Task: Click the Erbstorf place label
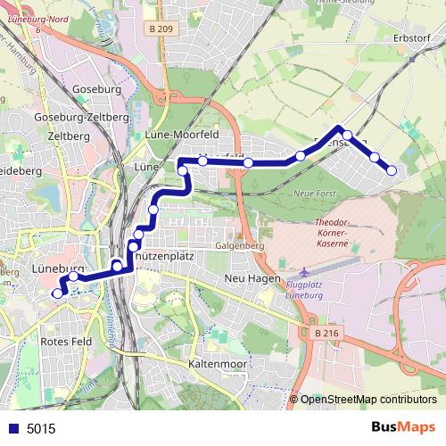pos(412,38)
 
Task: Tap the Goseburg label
pos(96,90)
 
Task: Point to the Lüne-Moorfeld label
pos(181,135)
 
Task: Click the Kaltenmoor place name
pos(217,365)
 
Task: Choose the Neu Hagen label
pos(247,279)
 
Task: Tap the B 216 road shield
pos(326,333)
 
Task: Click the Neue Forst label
pos(312,194)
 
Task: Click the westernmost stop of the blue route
pos(58,293)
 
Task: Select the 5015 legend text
pos(41,428)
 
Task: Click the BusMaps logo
pos(403,427)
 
